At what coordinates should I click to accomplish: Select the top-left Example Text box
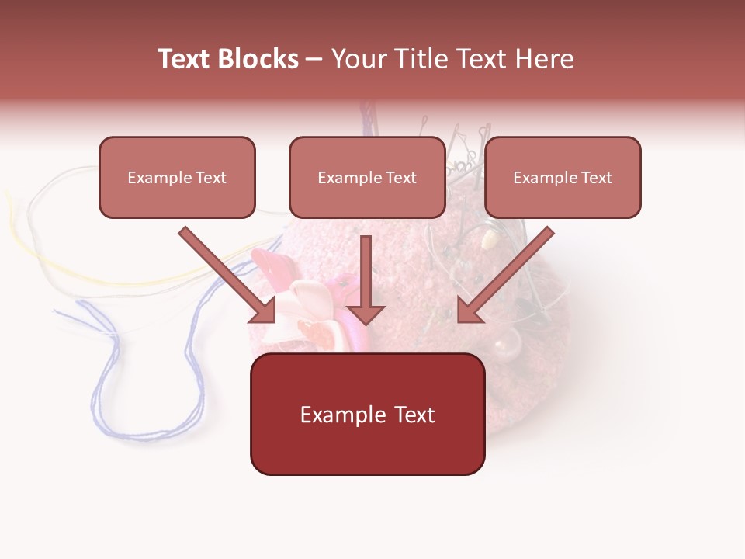177,177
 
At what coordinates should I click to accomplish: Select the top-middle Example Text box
367,177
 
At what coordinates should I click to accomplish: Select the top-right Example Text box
563,177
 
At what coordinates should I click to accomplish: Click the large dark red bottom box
367,414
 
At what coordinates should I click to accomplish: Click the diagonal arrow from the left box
225,272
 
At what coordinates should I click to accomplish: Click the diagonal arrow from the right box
508,272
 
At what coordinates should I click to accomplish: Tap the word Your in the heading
356,59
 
